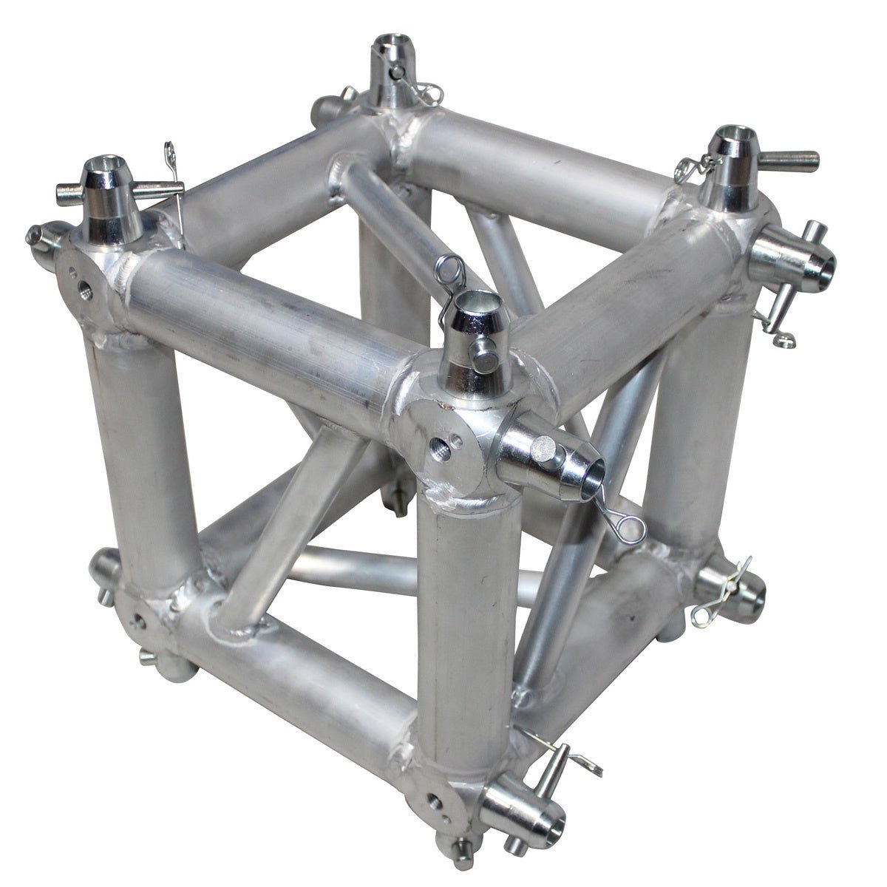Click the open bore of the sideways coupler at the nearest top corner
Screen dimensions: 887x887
591,474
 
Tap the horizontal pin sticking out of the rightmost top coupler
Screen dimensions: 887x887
791,157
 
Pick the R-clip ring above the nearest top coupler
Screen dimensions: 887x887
449,268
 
